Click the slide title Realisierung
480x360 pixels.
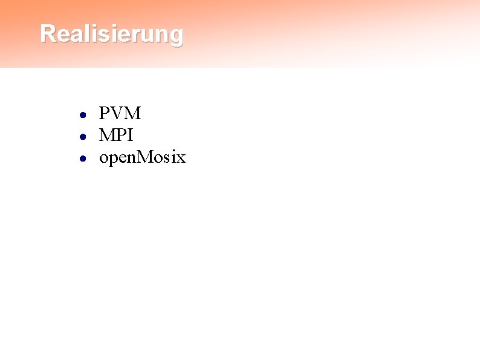pos(111,34)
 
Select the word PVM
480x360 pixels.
pos(120,113)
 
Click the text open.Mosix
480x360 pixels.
pos(142,159)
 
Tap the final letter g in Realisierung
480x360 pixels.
pos(176,36)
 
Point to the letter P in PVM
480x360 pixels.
pos(105,113)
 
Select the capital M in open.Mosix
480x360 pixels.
pos(145,158)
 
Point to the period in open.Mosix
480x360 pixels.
pos(137,163)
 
